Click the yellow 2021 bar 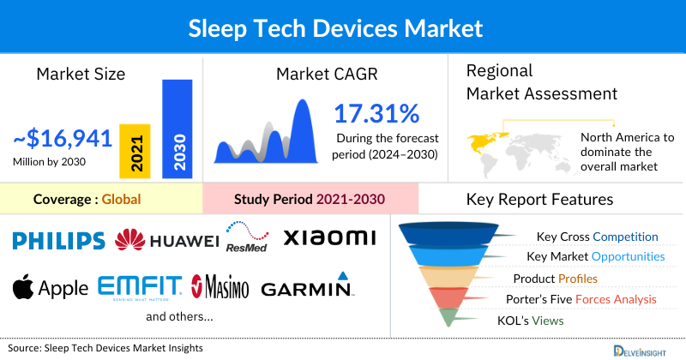point(135,151)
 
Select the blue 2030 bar point(178,129)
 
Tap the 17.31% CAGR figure point(376,113)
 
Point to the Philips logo point(59,240)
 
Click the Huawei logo point(167,241)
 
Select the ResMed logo point(247,237)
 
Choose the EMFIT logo point(140,286)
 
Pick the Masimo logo point(220,286)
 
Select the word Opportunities point(627,256)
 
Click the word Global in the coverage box point(121,200)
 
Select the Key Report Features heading point(539,200)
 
